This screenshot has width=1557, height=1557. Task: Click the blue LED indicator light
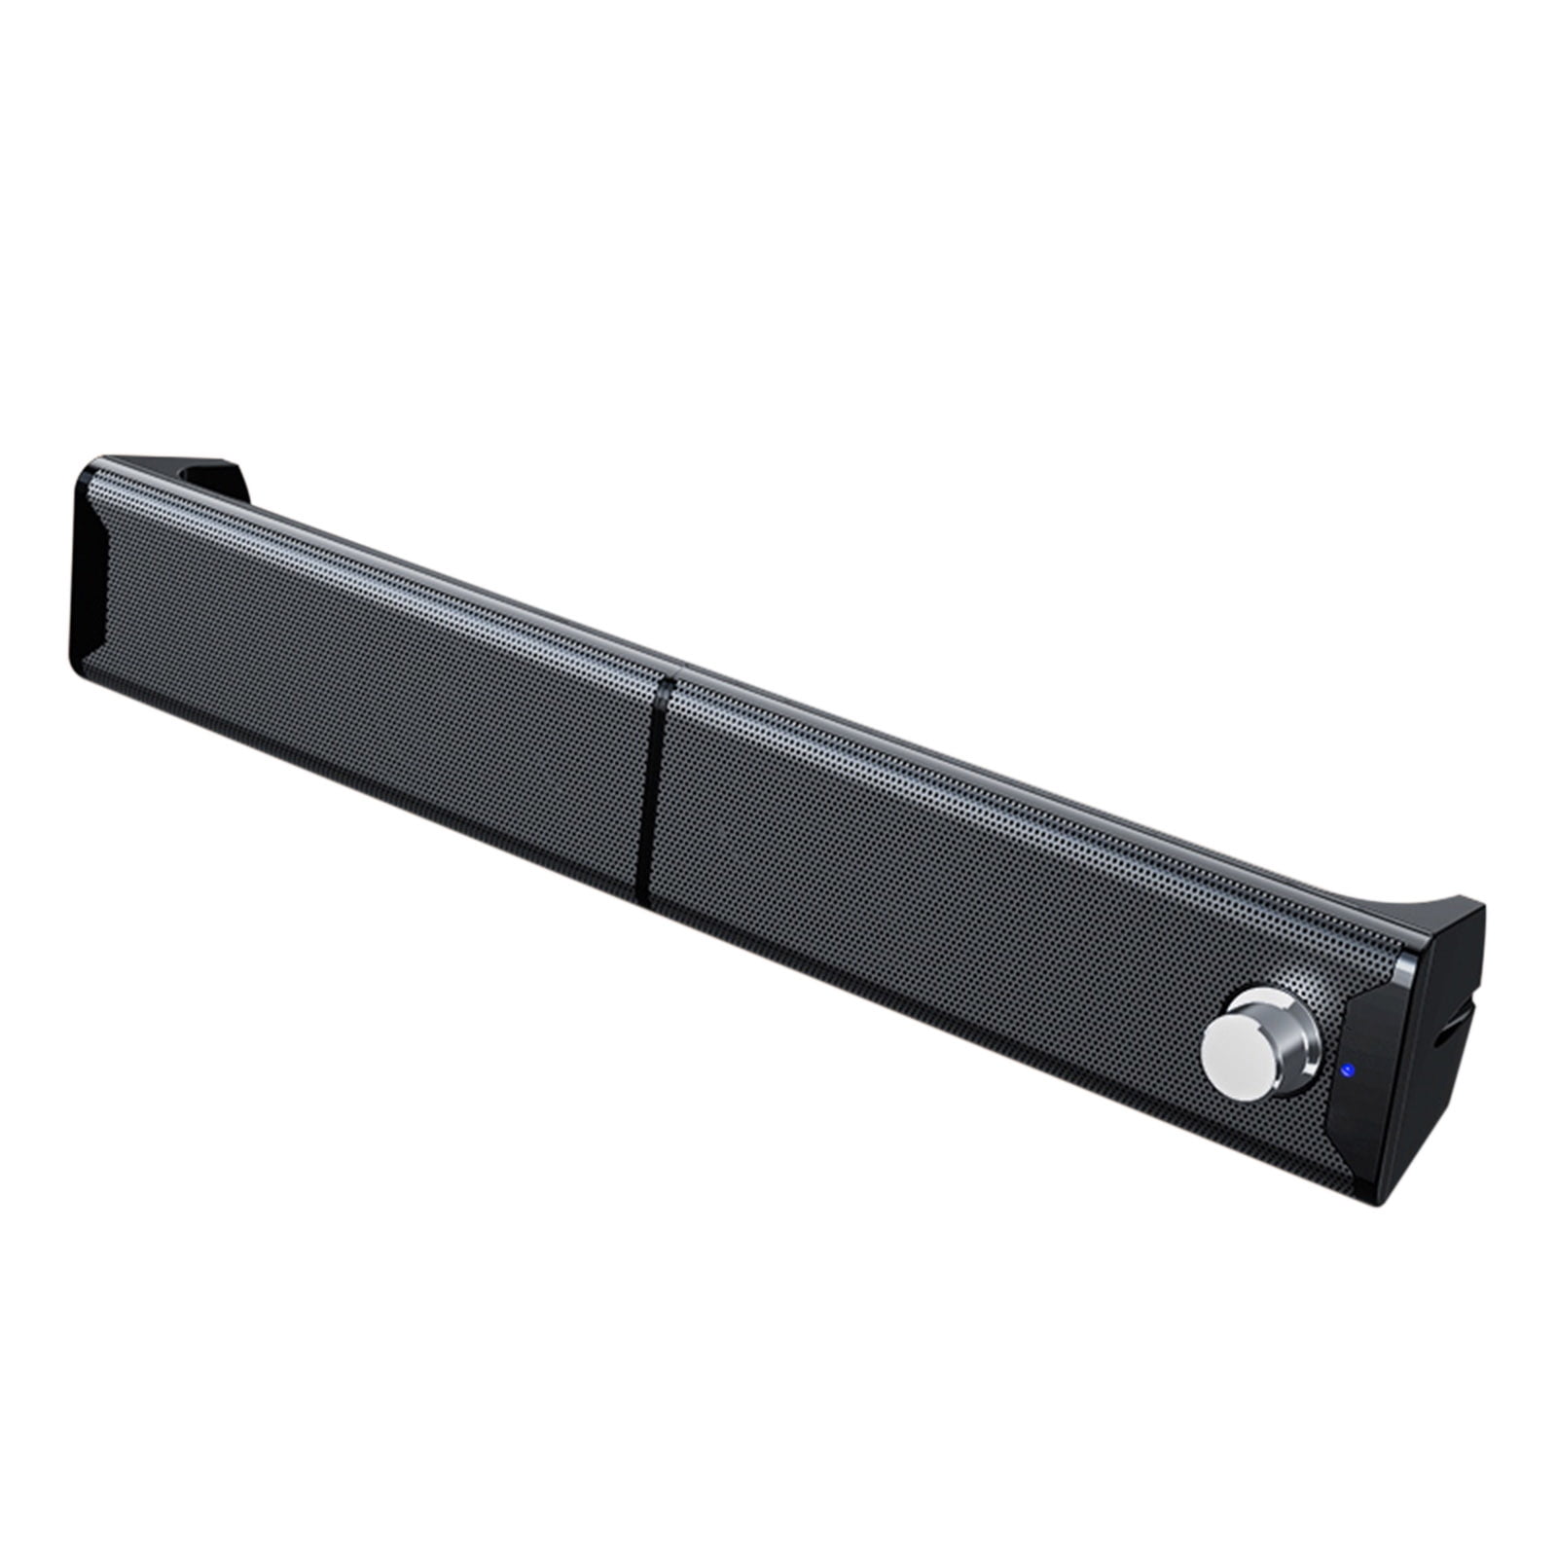pos(1346,1071)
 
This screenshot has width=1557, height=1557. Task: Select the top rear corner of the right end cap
pos(1482,905)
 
